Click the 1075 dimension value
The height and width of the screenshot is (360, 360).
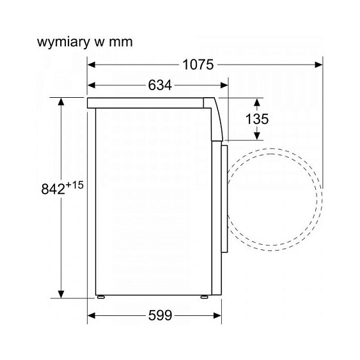tap(198, 65)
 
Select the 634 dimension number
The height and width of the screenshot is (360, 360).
tap(160, 85)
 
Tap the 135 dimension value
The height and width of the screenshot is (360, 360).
tap(257, 119)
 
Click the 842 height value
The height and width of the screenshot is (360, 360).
tap(53, 190)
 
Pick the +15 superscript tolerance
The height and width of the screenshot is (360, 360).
tap(74, 185)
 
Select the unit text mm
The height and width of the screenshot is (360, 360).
tap(121, 43)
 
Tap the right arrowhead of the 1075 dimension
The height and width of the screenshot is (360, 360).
tap(319, 65)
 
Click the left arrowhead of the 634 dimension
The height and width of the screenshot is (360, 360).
tap(91, 86)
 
